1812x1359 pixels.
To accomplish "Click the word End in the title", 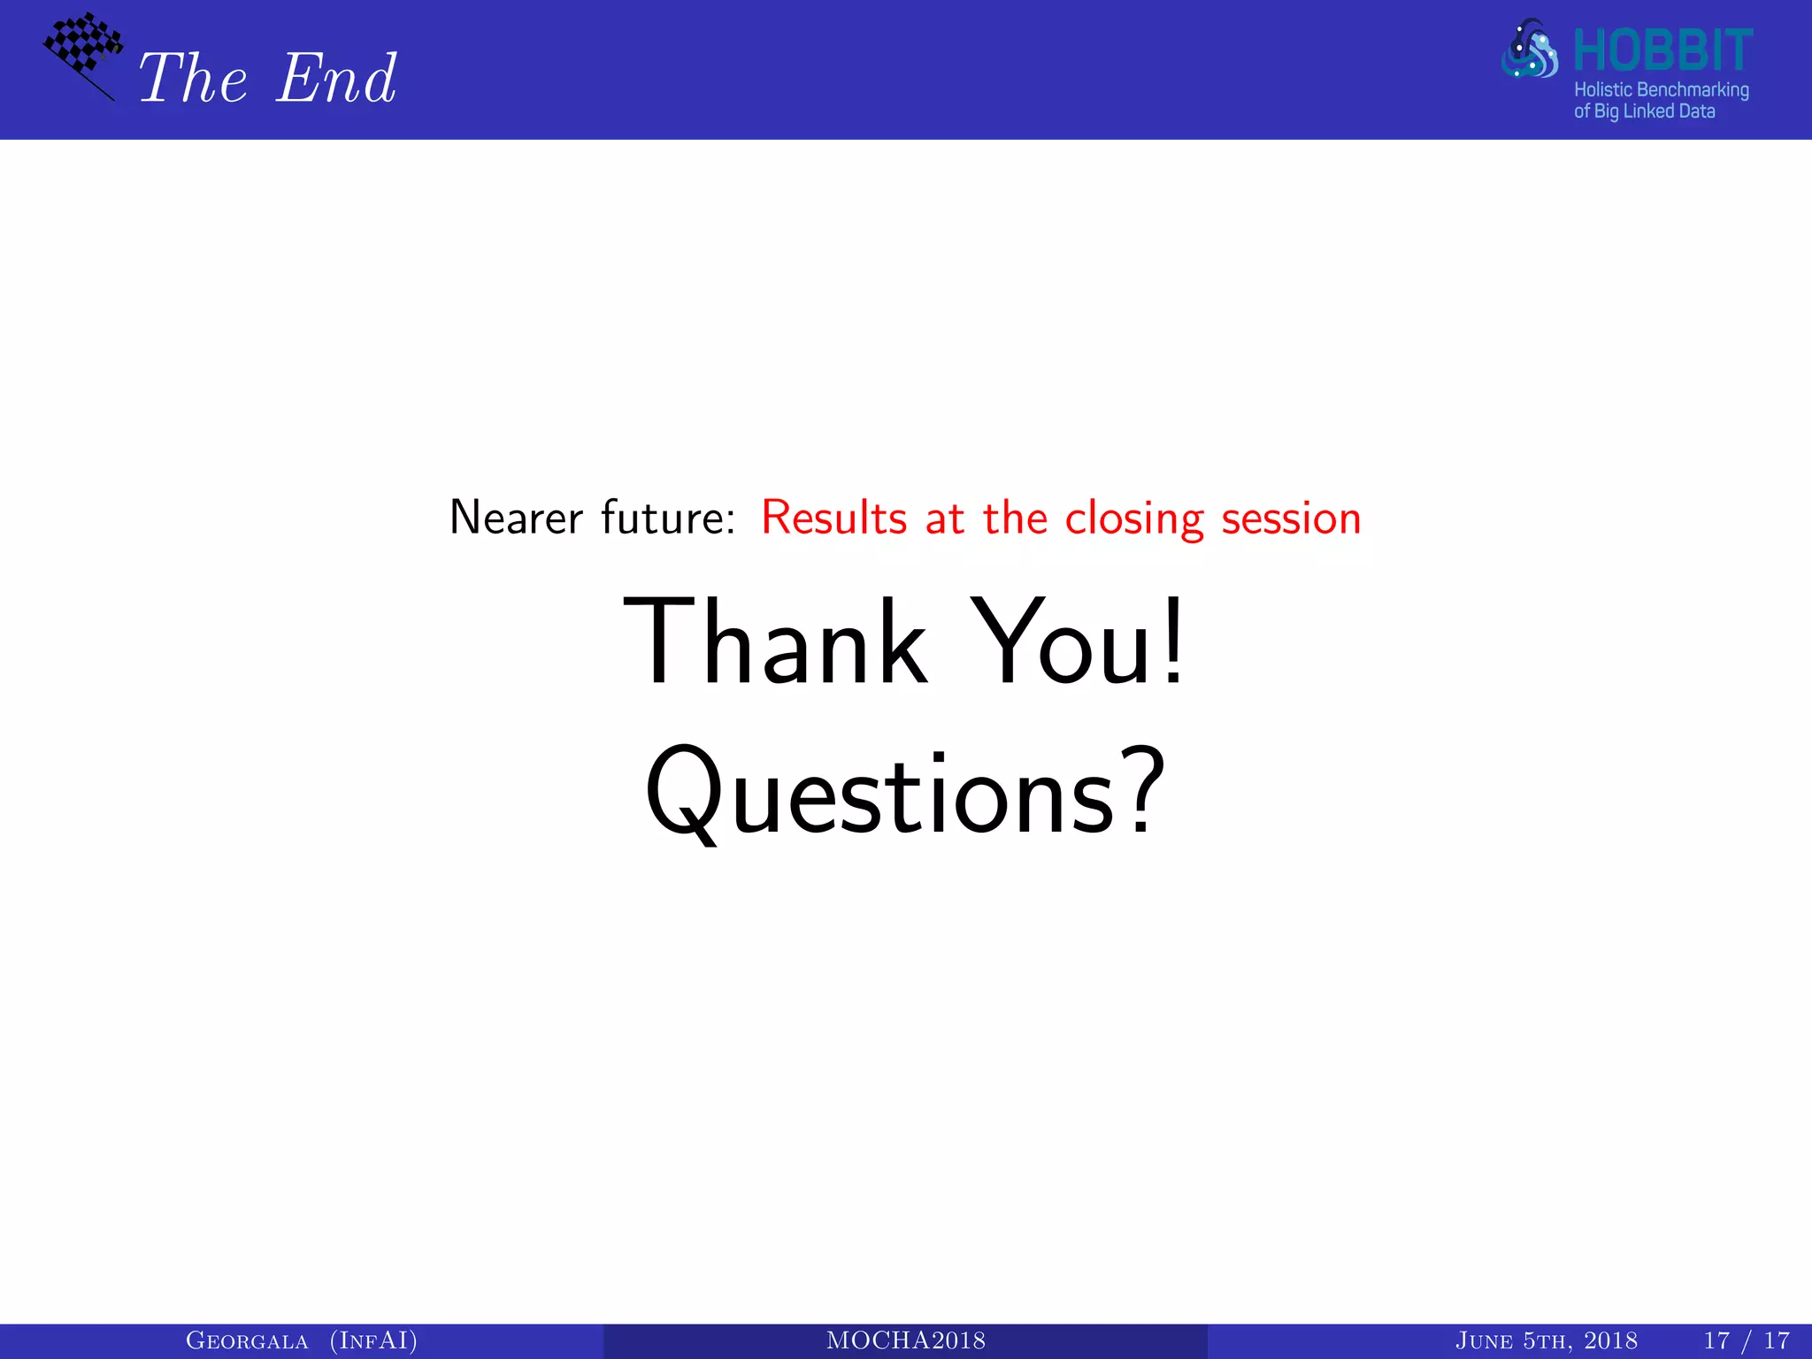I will click(336, 79).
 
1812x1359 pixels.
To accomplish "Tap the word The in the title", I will click(193, 79).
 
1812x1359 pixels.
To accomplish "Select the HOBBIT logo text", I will click(1662, 50).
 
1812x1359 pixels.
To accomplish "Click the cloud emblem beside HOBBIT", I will click(1530, 50).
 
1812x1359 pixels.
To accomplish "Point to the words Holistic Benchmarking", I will click(1661, 90).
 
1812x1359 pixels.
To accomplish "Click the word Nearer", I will click(516, 518).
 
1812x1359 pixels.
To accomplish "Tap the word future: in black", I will click(668, 518).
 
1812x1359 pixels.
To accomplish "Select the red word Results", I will click(833, 518).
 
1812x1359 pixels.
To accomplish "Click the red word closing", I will click(1133, 519).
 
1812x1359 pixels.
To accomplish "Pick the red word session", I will click(1291, 519).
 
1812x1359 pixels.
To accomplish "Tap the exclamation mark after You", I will click(1172, 642).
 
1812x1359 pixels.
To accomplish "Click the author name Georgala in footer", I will click(247, 1341).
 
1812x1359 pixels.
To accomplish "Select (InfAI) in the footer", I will click(373, 1341).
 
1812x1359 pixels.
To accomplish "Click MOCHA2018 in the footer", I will click(905, 1341).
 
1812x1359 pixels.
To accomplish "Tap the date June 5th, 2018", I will click(1546, 1341).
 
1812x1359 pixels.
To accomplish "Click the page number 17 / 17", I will click(1746, 1341).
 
